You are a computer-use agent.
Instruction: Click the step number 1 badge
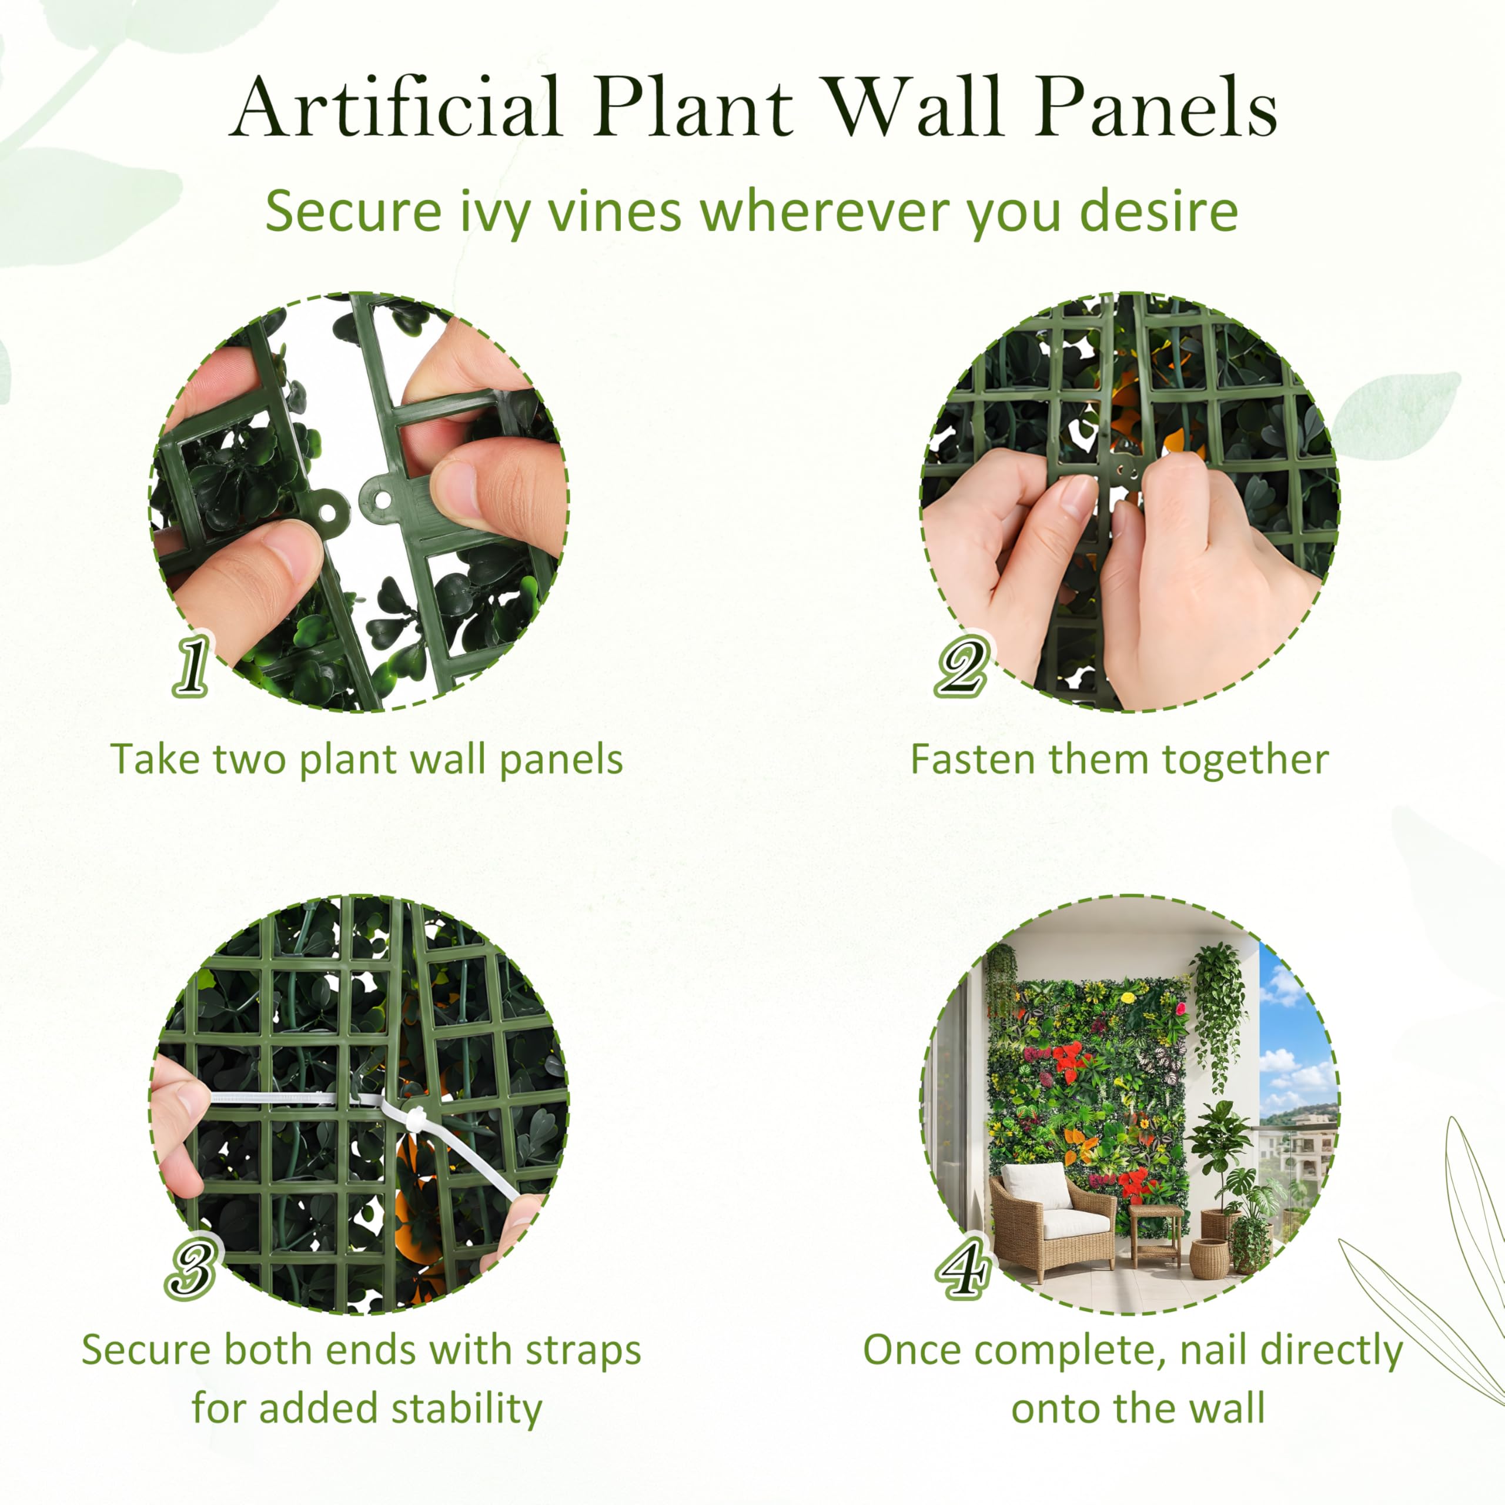(191, 664)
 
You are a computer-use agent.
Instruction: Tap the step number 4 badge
(964, 1268)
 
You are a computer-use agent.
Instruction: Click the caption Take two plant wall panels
(367, 760)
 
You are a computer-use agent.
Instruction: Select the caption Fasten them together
(1119, 760)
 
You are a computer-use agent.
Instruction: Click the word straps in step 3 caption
(583, 1351)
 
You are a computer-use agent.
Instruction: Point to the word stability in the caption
(467, 1410)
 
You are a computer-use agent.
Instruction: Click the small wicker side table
(1155, 1235)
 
